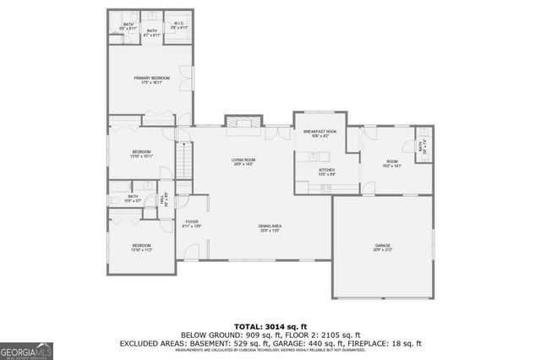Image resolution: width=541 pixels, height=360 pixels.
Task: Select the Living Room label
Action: (244, 161)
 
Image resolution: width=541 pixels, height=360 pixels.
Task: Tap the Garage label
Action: (384, 248)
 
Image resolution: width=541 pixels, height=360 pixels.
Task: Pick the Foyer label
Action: (192, 224)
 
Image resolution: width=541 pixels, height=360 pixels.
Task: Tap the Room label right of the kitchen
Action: (392, 164)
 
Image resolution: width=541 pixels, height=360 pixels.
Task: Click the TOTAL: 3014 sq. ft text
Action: (270, 325)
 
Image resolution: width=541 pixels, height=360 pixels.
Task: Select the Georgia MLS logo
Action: (27, 349)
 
